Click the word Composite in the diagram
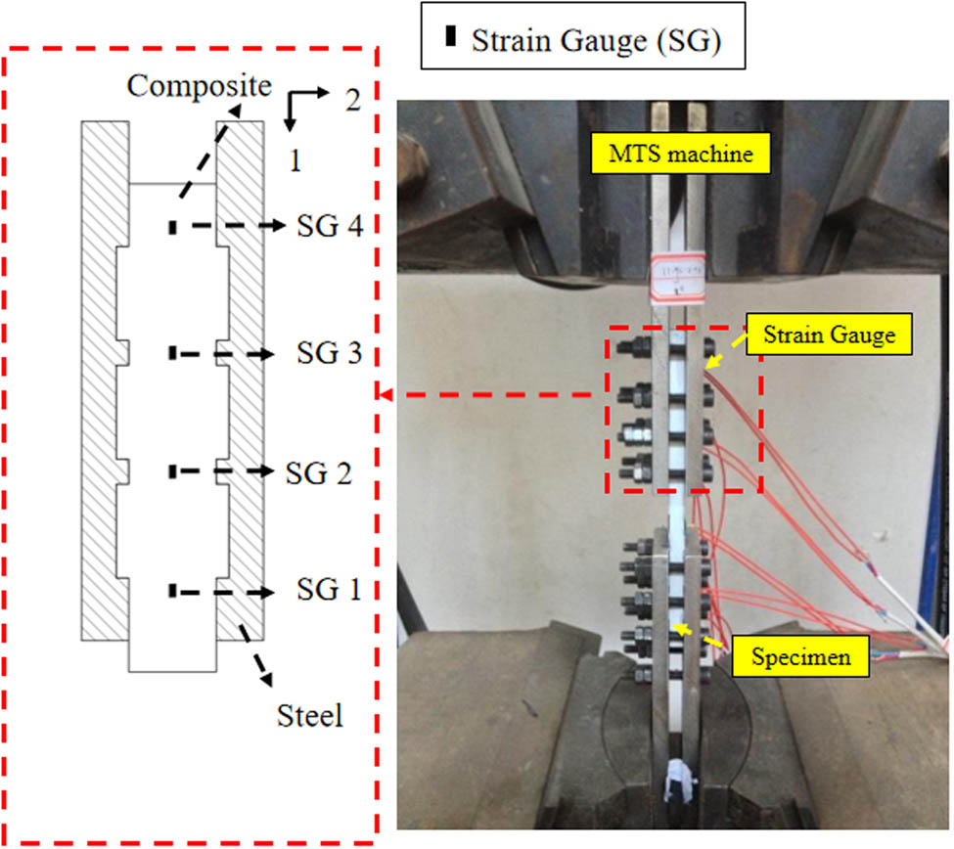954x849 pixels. tap(199, 86)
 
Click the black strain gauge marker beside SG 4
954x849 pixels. tap(172, 227)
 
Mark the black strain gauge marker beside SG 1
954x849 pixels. tap(172, 591)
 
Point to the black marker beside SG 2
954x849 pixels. tap(172, 471)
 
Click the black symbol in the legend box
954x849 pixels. tap(450, 38)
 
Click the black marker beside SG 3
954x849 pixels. tap(172, 351)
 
